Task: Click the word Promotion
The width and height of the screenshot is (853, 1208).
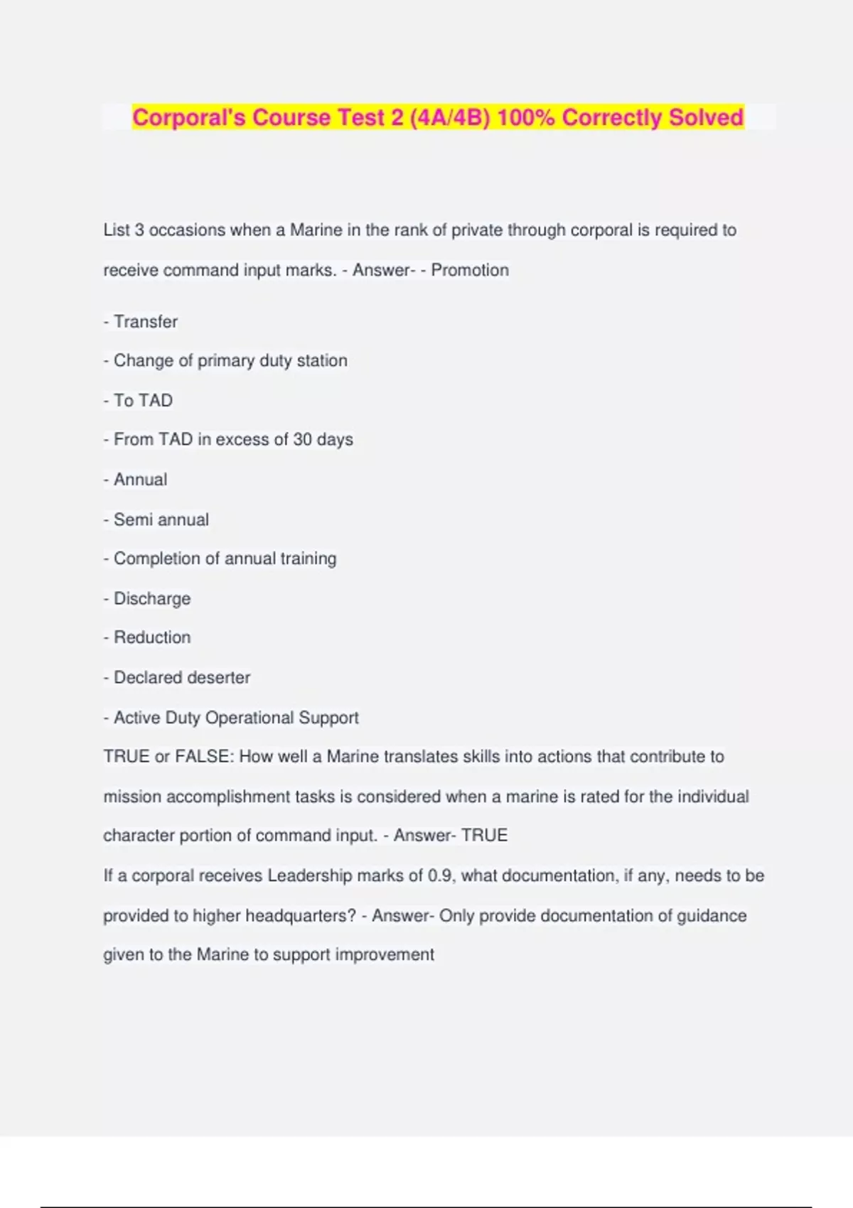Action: (470, 270)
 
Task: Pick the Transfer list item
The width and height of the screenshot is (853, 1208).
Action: (145, 321)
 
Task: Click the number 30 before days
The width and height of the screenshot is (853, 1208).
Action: (302, 439)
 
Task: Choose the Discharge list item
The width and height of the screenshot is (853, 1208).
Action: (151, 598)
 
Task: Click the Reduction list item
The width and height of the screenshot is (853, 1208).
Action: (151, 637)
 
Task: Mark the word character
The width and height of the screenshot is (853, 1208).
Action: (139, 835)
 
